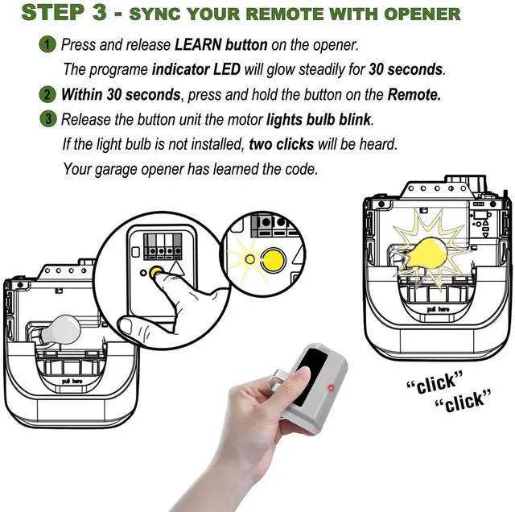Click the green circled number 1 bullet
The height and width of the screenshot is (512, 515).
tap(47, 45)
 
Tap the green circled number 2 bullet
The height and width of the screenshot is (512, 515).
tap(47, 95)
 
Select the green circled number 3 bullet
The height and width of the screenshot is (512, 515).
tap(47, 119)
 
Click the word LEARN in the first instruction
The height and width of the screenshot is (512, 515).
tap(198, 45)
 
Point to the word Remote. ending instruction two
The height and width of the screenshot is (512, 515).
tap(414, 95)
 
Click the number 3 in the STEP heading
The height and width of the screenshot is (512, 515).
tap(100, 13)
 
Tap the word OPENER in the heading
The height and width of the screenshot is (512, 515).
tap(422, 14)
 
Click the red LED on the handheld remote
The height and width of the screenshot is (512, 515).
tap(331, 388)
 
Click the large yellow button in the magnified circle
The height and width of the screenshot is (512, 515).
tap(274, 260)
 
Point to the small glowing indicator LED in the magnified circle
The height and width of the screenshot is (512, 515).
tap(250, 259)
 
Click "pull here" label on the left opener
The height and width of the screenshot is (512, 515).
tap(72, 382)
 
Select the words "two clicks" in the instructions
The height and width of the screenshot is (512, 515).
tap(282, 144)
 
